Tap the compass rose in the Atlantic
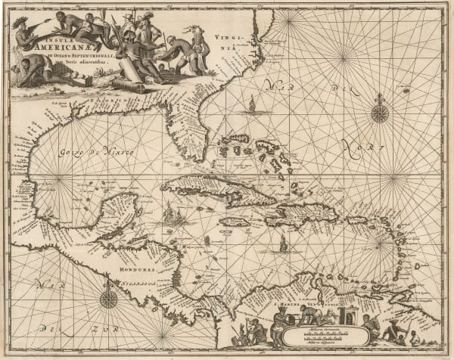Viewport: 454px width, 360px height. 381,113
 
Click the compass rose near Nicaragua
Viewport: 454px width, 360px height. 109,298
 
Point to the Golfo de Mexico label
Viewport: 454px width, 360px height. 95,154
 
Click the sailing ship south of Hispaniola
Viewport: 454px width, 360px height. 282,244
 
